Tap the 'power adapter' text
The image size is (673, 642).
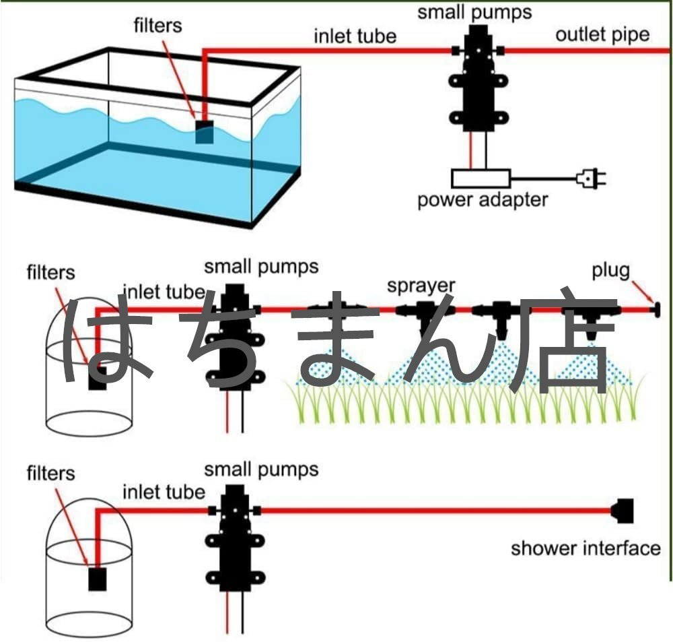point(483,199)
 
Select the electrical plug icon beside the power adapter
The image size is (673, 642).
point(591,178)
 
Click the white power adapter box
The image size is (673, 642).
point(481,179)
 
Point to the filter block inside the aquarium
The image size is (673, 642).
point(204,131)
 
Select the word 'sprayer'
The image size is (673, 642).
point(421,285)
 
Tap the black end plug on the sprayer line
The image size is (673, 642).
point(654,311)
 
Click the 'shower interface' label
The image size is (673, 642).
point(586,548)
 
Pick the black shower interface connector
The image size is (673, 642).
point(624,510)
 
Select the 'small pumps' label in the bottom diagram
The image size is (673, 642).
point(261,469)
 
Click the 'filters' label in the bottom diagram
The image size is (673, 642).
point(51,474)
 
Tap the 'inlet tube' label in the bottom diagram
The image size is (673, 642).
point(164,492)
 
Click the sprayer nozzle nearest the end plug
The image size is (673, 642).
point(591,320)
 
